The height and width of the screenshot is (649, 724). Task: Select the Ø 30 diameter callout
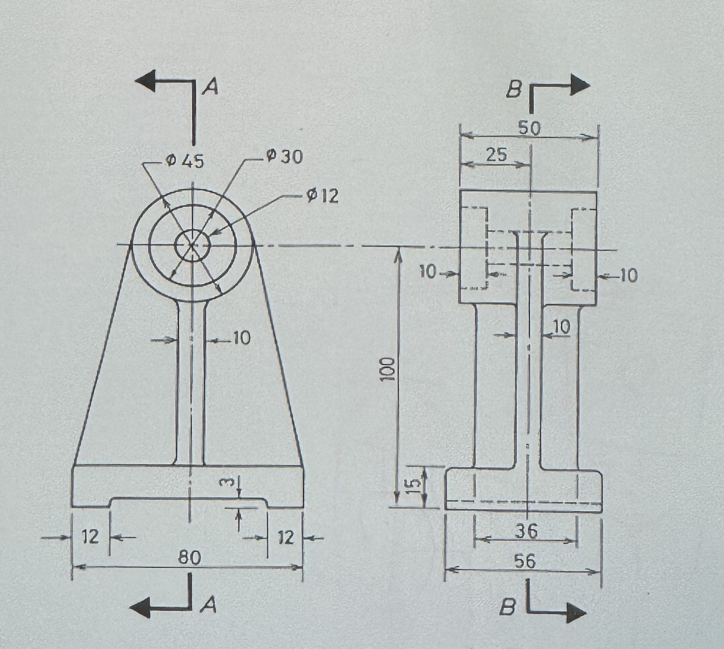pyautogui.click(x=285, y=157)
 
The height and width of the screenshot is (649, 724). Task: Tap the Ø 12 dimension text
pyautogui.click(x=323, y=196)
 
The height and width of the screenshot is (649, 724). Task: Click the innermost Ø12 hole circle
pyautogui.click(x=193, y=245)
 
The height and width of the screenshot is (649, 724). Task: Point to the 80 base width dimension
pyautogui.click(x=189, y=557)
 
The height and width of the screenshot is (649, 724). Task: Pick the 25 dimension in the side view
pyautogui.click(x=497, y=155)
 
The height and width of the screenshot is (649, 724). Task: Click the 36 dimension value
pyautogui.click(x=526, y=531)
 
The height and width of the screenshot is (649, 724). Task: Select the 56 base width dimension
pyautogui.click(x=524, y=561)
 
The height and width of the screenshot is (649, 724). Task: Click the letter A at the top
pyautogui.click(x=210, y=87)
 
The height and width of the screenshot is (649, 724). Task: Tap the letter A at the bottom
pyautogui.click(x=209, y=606)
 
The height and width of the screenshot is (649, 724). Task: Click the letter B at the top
pyautogui.click(x=514, y=90)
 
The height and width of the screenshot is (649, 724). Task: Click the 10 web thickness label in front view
pyautogui.click(x=241, y=339)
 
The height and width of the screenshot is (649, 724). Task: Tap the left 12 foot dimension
pyautogui.click(x=90, y=536)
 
